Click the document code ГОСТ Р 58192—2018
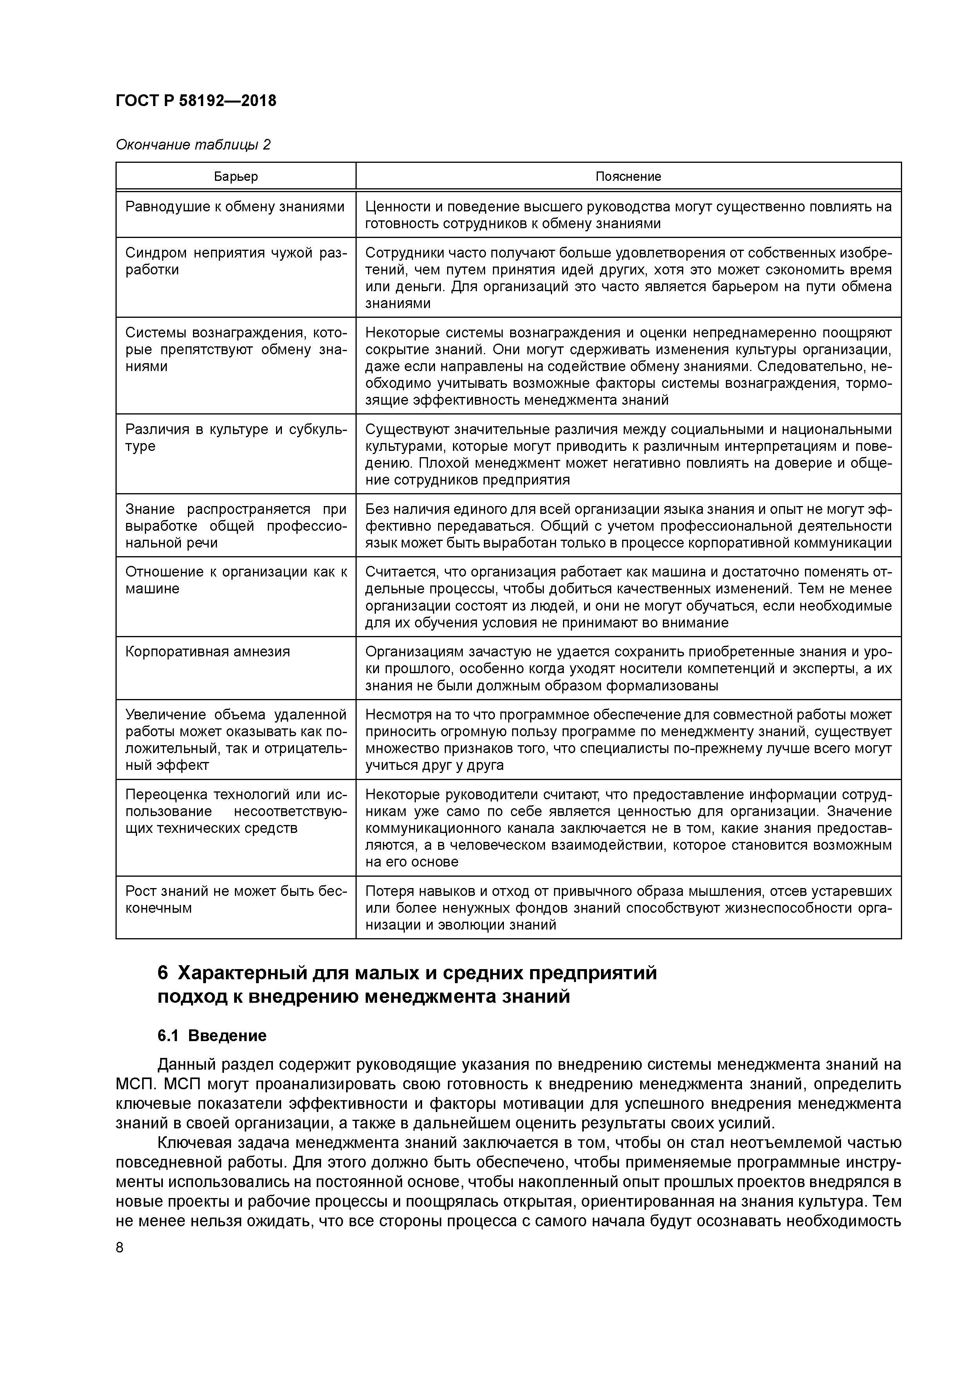coord(196,101)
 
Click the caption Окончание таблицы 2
coord(193,145)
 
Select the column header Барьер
coord(236,177)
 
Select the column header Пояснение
coord(628,177)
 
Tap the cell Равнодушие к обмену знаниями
coord(235,207)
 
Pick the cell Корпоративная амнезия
coord(208,651)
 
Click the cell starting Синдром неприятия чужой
coord(235,261)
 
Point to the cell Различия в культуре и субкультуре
coord(235,438)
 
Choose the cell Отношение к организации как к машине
coord(235,580)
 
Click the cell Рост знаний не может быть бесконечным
coord(235,899)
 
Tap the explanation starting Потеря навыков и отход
coord(628,908)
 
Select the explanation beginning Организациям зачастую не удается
coord(628,668)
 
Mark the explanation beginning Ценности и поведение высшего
coord(628,215)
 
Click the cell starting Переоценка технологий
coord(235,811)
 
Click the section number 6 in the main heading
coord(163,973)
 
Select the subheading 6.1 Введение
coord(212,1036)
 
